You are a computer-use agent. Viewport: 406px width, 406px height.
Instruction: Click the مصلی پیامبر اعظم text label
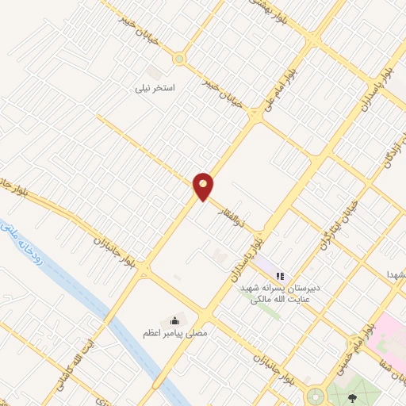175,334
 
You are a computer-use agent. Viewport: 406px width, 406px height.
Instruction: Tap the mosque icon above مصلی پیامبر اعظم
174,320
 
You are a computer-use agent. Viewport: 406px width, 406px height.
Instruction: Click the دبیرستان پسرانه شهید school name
282,291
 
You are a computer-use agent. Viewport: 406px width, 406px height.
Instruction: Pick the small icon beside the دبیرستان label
279,276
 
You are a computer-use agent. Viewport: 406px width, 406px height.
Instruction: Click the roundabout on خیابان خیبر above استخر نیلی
179,58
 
